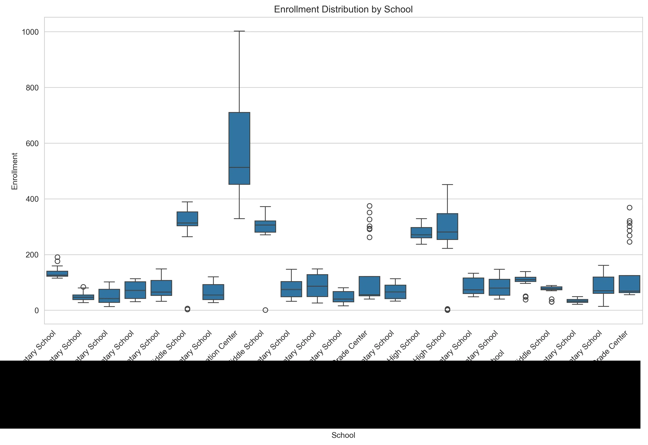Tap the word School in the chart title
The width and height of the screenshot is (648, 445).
pos(398,9)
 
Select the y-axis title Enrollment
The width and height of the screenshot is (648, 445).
pos(15,171)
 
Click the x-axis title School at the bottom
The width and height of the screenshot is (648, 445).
pos(343,435)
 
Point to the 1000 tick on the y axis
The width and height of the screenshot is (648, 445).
pos(30,32)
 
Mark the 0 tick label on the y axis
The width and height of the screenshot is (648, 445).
pos(37,311)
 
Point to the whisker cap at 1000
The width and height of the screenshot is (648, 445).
pos(239,31)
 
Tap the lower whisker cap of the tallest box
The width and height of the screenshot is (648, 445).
pos(239,219)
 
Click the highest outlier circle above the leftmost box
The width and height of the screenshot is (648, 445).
pos(57,257)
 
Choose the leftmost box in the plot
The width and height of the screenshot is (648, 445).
pos(57,273)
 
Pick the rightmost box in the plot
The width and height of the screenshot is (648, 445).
pos(630,284)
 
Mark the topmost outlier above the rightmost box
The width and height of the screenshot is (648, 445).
pos(630,208)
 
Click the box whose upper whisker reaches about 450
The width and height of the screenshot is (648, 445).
pos(447,226)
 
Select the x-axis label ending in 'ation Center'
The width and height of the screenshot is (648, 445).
pos(223,346)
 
